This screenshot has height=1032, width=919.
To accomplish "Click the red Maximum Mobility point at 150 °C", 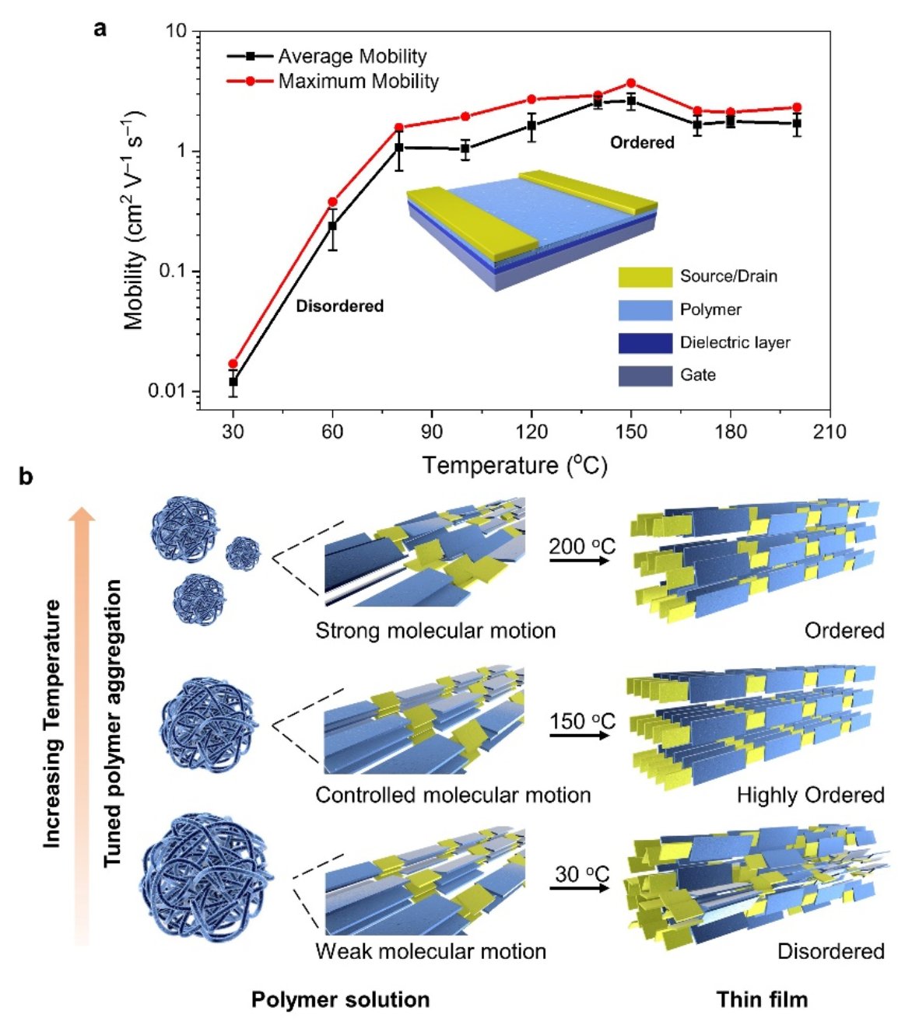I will (x=631, y=83).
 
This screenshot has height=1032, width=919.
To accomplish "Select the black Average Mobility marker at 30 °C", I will (x=233, y=382).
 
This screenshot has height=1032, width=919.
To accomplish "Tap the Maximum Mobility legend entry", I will (x=358, y=81).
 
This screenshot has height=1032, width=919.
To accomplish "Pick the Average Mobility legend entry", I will (x=352, y=57).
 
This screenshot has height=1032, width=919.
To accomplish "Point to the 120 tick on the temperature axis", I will (x=531, y=432).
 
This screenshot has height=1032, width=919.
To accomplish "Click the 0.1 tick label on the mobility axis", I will (x=172, y=271).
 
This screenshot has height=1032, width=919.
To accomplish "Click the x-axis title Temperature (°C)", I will (x=514, y=465).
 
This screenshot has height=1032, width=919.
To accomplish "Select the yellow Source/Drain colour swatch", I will (x=645, y=277).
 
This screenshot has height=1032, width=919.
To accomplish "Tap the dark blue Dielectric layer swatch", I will (x=645, y=343).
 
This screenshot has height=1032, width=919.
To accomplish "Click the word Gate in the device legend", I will (x=697, y=375).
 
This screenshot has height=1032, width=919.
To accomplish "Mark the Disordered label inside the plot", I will (x=340, y=306).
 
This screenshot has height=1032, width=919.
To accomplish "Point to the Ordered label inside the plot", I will (x=642, y=142).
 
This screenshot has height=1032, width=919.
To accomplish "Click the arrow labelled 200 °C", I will (x=580, y=559).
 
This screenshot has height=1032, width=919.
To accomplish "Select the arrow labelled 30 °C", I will (x=580, y=887).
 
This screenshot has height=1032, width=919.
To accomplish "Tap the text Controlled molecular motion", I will (x=453, y=796).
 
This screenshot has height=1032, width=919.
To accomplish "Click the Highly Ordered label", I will (x=810, y=796).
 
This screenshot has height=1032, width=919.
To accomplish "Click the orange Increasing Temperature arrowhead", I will (x=83, y=516).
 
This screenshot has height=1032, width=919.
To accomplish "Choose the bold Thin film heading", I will (x=762, y=999).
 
